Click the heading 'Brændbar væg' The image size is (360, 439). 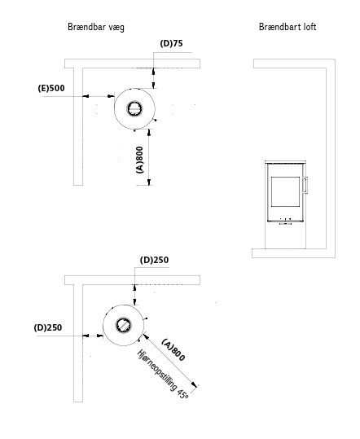click(96, 27)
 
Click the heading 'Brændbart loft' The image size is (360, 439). click(288, 27)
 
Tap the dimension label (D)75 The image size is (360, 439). click(171, 43)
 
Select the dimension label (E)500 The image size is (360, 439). click(51, 88)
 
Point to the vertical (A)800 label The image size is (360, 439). click(140, 160)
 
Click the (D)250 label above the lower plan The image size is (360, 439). click(154, 260)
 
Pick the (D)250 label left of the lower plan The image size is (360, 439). click(48, 327)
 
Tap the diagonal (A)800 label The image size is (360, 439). click(173, 350)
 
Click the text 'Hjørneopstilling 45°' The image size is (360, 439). click(163, 374)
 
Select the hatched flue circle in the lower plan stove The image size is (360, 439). click(123, 326)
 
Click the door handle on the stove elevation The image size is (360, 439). click(305, 185)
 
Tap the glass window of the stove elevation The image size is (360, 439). click(285, 191)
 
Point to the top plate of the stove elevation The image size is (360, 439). click(286, 162)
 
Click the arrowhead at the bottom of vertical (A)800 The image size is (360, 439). click(149, 182)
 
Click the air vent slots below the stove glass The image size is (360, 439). click(286, 222)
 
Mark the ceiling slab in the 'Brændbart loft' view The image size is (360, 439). click(294, 64)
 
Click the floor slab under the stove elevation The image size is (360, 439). click(293, 253)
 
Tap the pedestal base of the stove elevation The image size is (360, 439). click(286, 235)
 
